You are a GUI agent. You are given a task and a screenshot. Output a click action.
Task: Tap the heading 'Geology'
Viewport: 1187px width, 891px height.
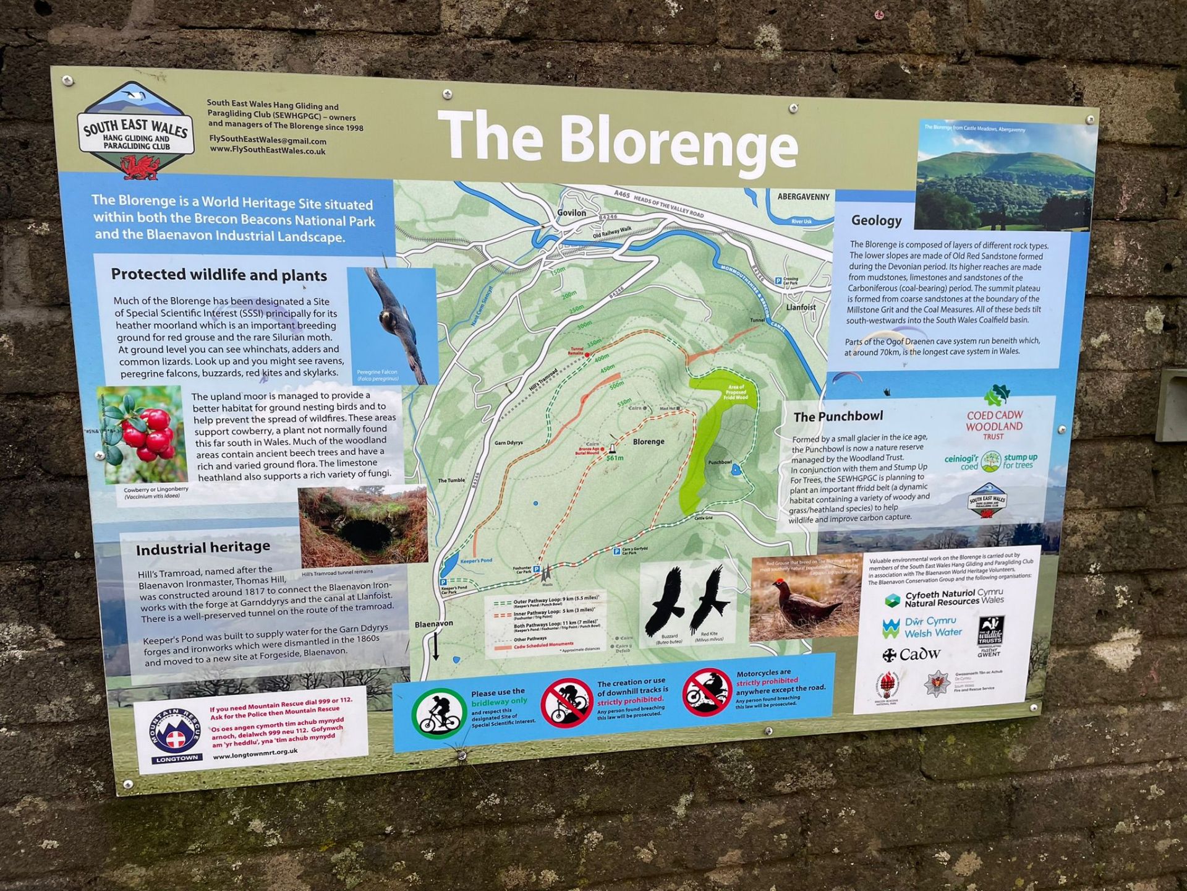click(876, 220)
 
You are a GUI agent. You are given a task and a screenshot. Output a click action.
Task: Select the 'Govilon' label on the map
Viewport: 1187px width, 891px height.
click(571, 213)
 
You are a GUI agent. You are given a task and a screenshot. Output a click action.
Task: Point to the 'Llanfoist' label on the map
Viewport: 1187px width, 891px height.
click(801, 307)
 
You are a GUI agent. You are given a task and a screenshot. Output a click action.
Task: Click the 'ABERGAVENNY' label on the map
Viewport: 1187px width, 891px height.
click(803, 197)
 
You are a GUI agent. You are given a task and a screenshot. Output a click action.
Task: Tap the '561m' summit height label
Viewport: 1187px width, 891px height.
click(615, 458)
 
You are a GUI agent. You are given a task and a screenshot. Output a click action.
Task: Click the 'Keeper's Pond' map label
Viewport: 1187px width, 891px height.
click(476, 561)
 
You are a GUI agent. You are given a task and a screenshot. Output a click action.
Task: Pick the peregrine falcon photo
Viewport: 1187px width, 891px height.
click(392, 324)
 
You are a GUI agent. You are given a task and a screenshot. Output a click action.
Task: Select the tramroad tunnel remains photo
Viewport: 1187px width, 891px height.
click(363, 525)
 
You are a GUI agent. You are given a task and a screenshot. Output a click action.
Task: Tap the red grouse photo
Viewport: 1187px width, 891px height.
click(804, 599)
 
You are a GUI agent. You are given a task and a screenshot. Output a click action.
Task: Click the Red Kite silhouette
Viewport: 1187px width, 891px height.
click(708, 600)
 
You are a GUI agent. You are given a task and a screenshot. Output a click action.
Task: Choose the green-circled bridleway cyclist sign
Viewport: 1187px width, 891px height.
click(438, 713)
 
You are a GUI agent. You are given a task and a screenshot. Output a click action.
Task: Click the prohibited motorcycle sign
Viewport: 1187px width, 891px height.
click(707, 692)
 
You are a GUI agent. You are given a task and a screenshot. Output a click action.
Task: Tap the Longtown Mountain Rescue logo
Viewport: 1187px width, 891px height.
click(176, 735)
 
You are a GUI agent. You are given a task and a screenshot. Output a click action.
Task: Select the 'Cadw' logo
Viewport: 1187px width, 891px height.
click(911, 654)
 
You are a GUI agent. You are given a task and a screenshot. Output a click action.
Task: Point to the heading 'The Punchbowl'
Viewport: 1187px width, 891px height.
click(838, 416)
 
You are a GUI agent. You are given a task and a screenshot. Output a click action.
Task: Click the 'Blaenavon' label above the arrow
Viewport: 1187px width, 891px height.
click(433, 624)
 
